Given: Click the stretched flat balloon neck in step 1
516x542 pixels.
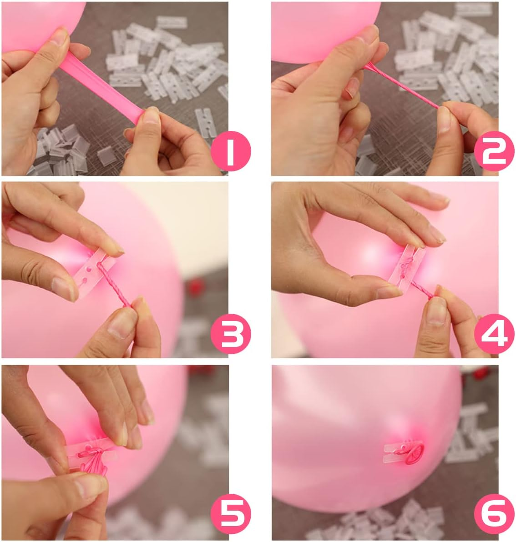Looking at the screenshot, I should (x=105, y=86).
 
